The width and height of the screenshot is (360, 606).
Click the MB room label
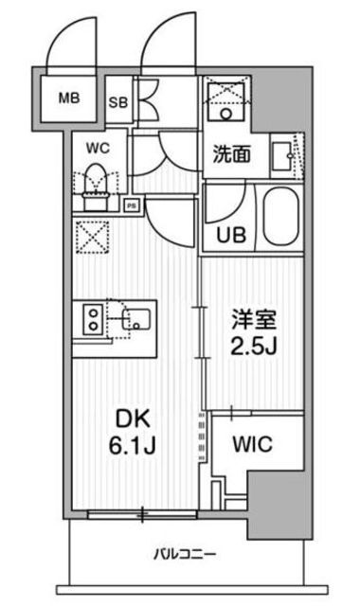[69, 98]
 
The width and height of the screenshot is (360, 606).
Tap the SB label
[117, 102]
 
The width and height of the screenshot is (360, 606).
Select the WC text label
[98, 148]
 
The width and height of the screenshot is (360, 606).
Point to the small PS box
[132, 205]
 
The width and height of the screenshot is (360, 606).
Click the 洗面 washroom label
[232, 154]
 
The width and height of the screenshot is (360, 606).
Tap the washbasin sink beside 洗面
[281, 156]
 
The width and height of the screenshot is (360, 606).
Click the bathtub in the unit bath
[282, 217]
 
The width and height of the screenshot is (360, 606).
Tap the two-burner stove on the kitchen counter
[93, 319]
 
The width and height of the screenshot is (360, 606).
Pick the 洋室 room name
[254, 319]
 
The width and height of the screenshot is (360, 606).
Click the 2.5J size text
[253, 347]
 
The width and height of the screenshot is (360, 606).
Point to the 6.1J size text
[133, 446]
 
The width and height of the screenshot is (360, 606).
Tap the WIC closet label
[253, 444]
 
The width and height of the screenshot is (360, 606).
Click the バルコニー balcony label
[186, 555]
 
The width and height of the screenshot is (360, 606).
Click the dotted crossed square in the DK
[92, 237]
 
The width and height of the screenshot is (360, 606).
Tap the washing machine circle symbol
[226, 114]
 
